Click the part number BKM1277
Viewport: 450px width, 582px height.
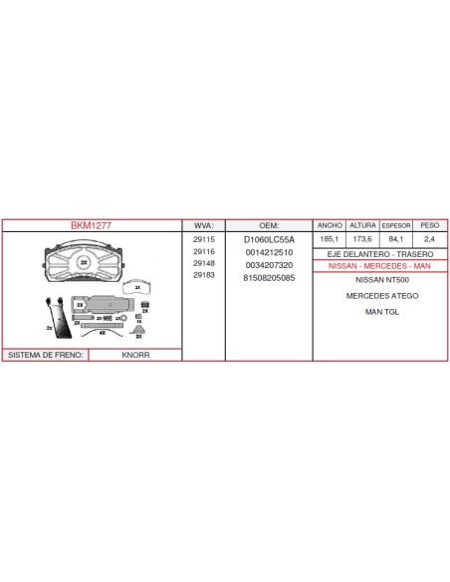[91, 225]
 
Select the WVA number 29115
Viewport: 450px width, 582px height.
[204, 240]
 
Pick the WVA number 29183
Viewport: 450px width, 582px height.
[204, 275]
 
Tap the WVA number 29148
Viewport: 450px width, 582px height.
[204, 263]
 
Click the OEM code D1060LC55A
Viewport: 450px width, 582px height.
[269, 240]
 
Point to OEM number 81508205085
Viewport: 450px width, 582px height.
[269, 278]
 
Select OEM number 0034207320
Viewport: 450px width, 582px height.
[269, 265]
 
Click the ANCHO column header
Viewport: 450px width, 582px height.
[330, 225]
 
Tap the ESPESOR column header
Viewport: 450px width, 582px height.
[396, 225]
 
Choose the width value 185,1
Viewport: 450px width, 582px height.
[330, 239]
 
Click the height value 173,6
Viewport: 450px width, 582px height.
[362, 239]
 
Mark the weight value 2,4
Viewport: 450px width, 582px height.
[429, 239]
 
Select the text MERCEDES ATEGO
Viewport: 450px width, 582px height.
[382, 296]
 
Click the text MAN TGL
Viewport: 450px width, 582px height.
[382, 312]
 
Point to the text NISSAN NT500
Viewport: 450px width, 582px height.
[382, 280]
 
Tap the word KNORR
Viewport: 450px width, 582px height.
[135, 355]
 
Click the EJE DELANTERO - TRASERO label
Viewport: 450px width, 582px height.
[380, 254]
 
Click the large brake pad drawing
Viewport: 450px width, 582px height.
[85, 261]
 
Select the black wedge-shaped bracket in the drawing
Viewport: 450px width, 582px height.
[60, 319]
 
